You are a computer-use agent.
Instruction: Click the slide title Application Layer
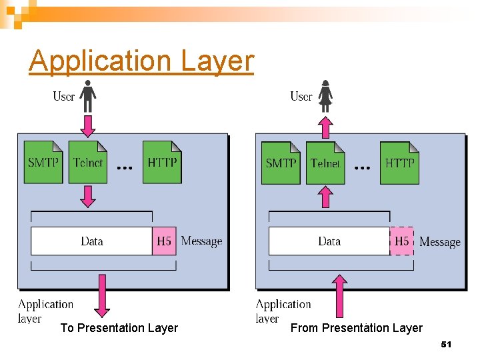(141, 61)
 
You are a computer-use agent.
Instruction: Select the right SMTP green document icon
(281, 163)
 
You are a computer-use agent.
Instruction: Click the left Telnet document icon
(87, 162)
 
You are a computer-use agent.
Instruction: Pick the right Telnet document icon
(325, 163)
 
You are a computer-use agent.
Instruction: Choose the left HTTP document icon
(162, 162)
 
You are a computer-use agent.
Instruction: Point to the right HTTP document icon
(399, 163)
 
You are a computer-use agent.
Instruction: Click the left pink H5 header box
(164, 241)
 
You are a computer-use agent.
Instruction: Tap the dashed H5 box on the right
(401, 241)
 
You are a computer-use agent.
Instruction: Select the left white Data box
(92, 241)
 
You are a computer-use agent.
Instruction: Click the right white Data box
(329, 241)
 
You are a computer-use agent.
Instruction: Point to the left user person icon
(88, 96)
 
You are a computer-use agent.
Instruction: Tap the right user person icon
(325, 96)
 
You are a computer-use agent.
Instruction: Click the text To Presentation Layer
(119, 328)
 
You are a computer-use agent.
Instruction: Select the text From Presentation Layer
(357, 328)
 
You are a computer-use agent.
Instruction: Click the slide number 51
(446, 344)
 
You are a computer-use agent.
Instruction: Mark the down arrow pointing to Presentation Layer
(102, 295)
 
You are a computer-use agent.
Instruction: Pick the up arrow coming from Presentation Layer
(339, 295)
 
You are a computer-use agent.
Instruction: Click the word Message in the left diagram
(201, 241)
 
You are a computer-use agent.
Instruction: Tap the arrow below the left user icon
(88, 125)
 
